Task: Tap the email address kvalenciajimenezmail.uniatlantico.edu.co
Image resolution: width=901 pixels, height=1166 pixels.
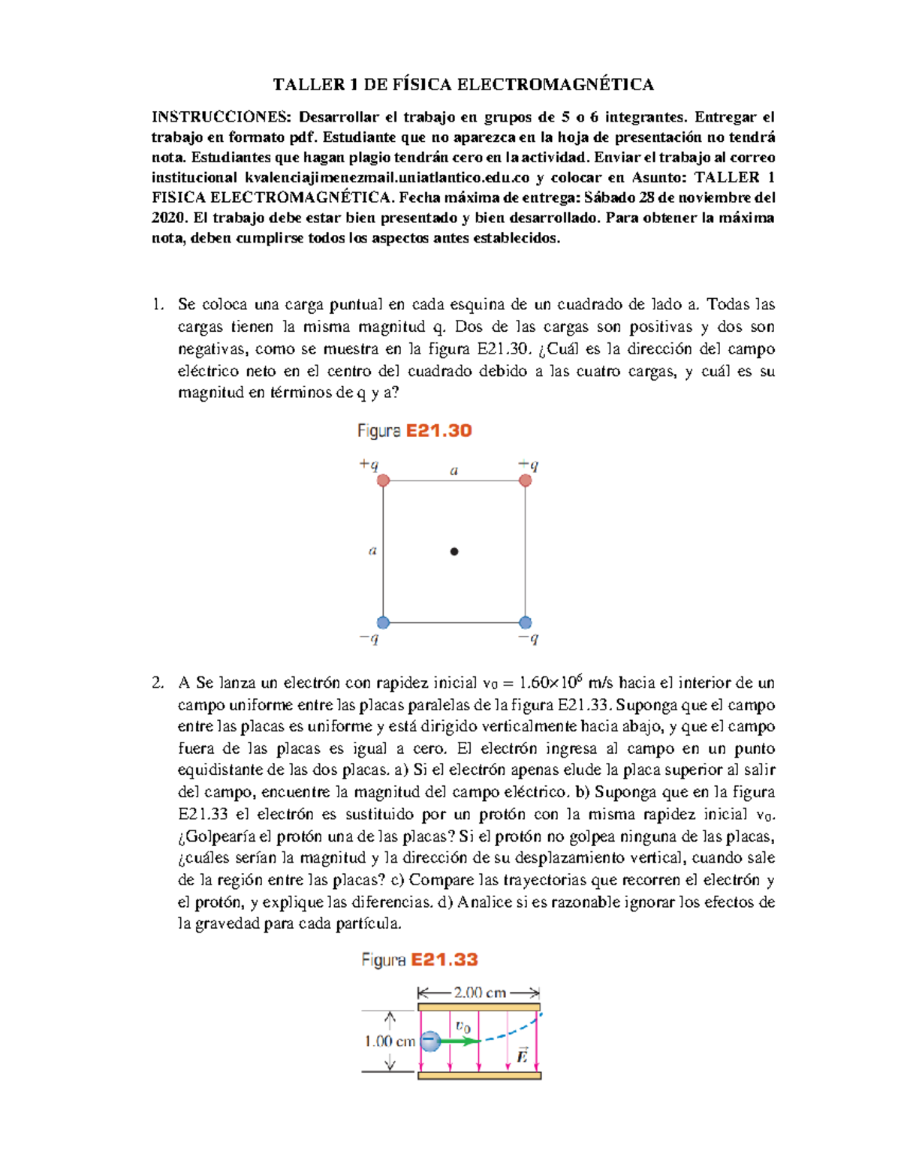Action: tap(387, 178)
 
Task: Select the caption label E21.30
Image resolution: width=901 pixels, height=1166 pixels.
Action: tap(438, 431)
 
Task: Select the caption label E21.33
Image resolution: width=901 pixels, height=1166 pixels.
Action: tap(444, 960)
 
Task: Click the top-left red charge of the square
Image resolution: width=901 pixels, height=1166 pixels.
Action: tap(383, 481)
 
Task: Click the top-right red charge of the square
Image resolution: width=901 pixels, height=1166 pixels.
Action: tap(526, 481)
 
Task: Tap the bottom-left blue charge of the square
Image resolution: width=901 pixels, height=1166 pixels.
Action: tap(383, 622)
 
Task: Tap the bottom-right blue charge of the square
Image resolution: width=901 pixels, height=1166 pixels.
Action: tap(526, 622)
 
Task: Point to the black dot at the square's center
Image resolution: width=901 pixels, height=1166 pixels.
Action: tap(454, 552)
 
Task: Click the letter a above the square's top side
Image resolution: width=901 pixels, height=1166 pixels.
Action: tap(454, 472)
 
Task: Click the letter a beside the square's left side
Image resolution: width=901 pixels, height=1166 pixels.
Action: tap(372, 551)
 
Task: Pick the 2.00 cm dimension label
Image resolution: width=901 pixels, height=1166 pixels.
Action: tap(479, 993)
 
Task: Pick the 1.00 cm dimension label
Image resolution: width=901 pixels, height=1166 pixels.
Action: tap(390, 1041)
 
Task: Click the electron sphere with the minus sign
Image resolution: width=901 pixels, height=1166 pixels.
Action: tap(430, 1041)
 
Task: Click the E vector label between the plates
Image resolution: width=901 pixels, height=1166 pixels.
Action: tap(522, 1056)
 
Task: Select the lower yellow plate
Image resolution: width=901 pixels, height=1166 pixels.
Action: tap(479, 1076)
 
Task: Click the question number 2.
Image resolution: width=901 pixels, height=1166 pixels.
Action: tap(157, 683)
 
